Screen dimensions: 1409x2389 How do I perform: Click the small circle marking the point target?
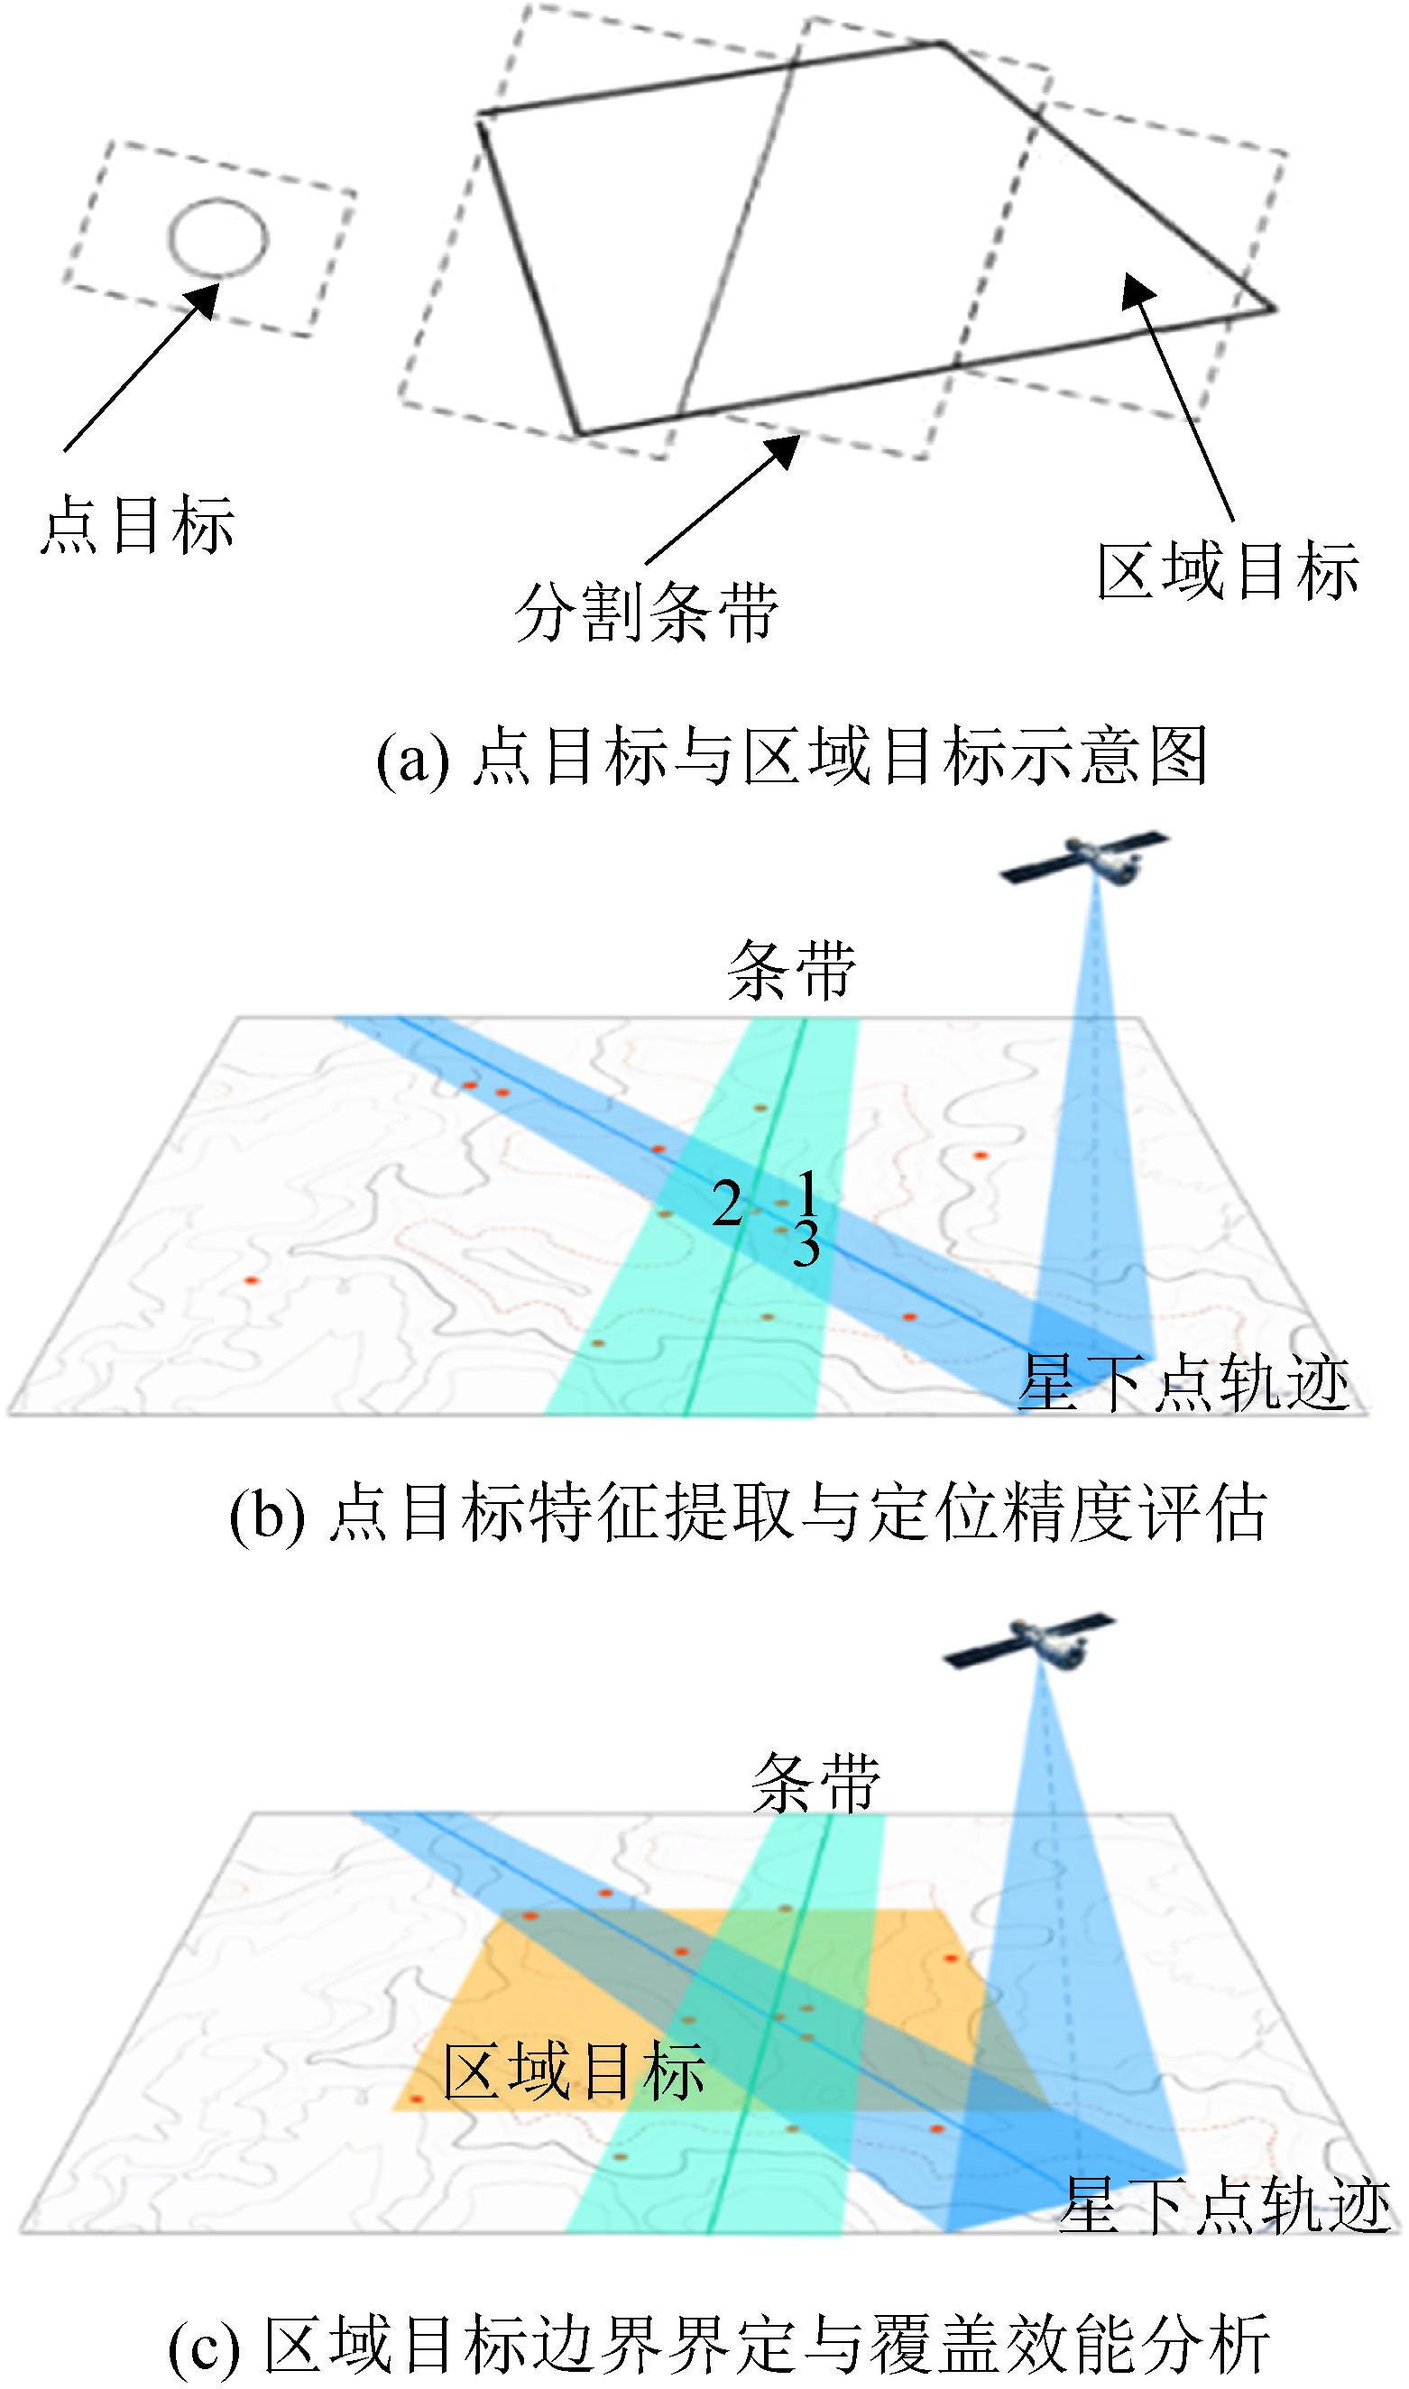[x=218, y=200]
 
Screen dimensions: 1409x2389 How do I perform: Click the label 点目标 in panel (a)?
[x=137, y=525]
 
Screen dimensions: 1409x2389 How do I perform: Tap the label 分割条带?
[x=647, y=611]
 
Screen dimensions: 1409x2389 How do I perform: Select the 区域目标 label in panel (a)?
[x=1229, y=571]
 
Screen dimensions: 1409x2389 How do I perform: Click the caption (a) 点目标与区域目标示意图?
[x=792, y=757]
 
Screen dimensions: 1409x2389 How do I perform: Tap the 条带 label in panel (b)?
[x=792, y=972]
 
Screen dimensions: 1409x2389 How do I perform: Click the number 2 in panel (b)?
[x=727, y=1205]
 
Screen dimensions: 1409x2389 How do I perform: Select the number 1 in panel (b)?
[x=807, y=1193]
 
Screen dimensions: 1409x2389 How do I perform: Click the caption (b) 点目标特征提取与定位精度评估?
[x=748, y=1513]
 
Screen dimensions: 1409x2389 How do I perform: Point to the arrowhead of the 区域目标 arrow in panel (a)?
[x=1137, y=291]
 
